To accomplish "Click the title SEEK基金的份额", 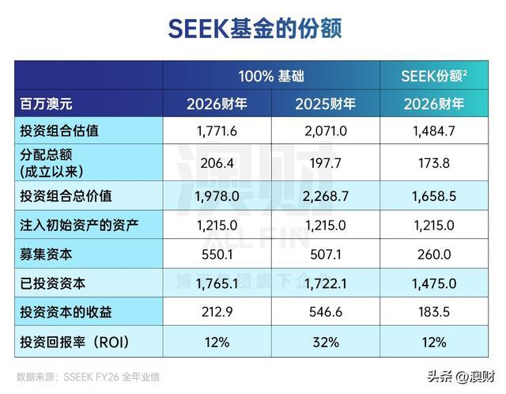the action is click(x=255, y=28).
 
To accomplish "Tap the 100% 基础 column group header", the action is click(x=271, y=76).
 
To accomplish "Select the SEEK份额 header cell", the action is click(x=434, y=76).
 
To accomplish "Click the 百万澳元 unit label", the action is click(x=46, y=104).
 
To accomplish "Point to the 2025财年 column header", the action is click(x=325, y=104).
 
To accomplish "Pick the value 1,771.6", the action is click(x=217, y=131).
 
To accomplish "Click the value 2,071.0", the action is click(x=326, y=131).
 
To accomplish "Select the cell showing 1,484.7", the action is click(x=434, y=131).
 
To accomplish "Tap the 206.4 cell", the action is click(x=217, y=163).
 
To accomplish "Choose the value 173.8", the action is click(x=434, y=163).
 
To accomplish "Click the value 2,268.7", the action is click(x=326, y=196).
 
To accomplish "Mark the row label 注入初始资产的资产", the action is click(x=79, y=225).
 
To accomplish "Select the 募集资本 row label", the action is click(x=46, y=255).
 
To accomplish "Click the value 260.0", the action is click(x=434, y=255).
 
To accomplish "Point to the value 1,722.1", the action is click(x=325, y=283).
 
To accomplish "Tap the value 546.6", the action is click(x=326, y=312).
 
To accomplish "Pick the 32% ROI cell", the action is click(x=326, y=342).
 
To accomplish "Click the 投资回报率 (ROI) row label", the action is click(x=74, y=342).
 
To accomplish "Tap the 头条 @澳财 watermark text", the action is click(x=461, y=377).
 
